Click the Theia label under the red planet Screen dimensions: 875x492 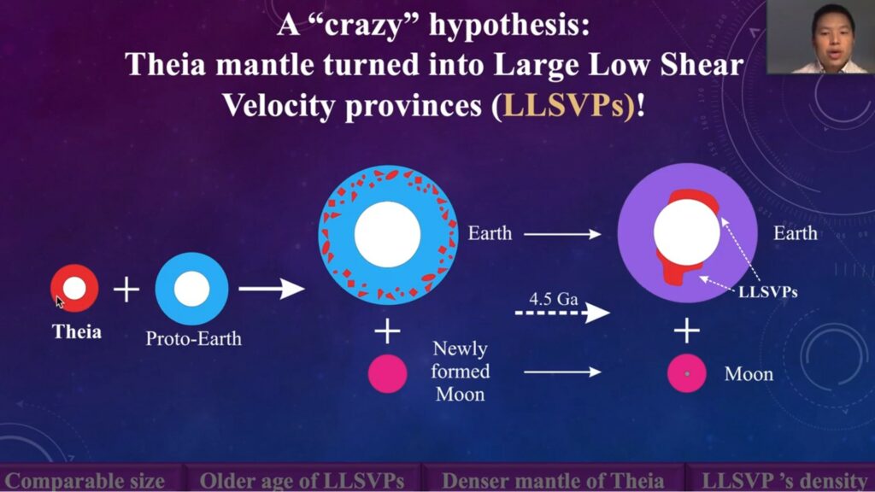(77, 332)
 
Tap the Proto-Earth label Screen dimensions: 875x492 (194, 338)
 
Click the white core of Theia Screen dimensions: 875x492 (74, 289)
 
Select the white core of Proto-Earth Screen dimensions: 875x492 (191, 289)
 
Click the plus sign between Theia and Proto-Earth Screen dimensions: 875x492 (126, 289)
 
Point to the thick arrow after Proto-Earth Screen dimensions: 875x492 (272, 289)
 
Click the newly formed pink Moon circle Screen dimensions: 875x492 (387, 373)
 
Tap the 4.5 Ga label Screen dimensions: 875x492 (553, 299)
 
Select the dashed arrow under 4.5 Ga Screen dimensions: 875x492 (562, 313)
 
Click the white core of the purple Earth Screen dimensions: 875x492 (686, 232)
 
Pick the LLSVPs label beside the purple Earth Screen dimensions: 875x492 (768, 292)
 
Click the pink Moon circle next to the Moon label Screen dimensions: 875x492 (687, 373)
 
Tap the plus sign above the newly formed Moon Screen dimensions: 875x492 (387, 331)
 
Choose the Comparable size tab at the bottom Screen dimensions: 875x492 (85, 481)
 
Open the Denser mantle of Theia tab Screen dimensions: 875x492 (553, 481)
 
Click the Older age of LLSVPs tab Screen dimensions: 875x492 (302, 481)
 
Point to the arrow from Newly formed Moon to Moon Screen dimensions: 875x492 (562, 372)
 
